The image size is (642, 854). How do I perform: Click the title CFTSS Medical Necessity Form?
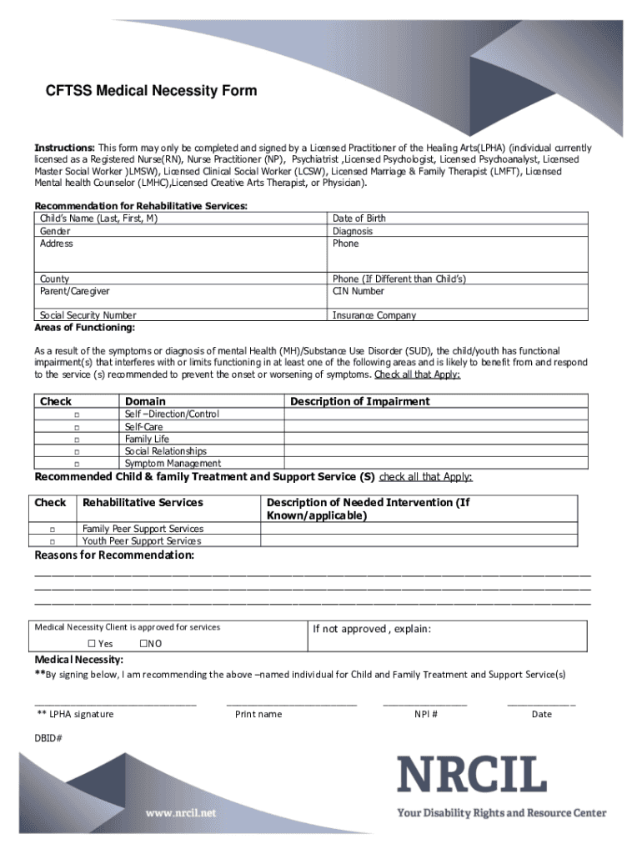(x=151, y=91)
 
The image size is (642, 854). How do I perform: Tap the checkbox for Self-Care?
(x=76, y=427)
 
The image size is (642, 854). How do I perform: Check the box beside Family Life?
(x=76, y=440)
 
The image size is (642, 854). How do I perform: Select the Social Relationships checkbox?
(x=76, y=451)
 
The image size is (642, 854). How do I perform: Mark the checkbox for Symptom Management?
(x=76, y=464)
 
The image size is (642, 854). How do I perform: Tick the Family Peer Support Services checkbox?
(x=52, y=530)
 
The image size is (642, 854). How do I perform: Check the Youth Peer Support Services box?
(x=52, y=542)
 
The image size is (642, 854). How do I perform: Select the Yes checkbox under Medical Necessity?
(x=93, y=644)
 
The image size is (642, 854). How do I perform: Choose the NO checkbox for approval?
(x=143, y=644)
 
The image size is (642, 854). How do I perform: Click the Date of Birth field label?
(x=359, y=219)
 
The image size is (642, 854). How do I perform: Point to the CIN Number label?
(x=358, y=292)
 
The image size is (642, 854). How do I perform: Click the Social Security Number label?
(x=88, y=316)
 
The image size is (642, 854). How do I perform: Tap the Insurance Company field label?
(x=374, y=316)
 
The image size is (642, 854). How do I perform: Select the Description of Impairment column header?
(x=359, y=401)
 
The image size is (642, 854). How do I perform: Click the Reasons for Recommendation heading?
(x=114, y=555)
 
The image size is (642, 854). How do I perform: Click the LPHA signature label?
(x=74, y=714)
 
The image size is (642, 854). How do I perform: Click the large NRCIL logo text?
(x=471, y=776)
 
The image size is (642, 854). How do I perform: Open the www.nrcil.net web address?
(x=181, y=812)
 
